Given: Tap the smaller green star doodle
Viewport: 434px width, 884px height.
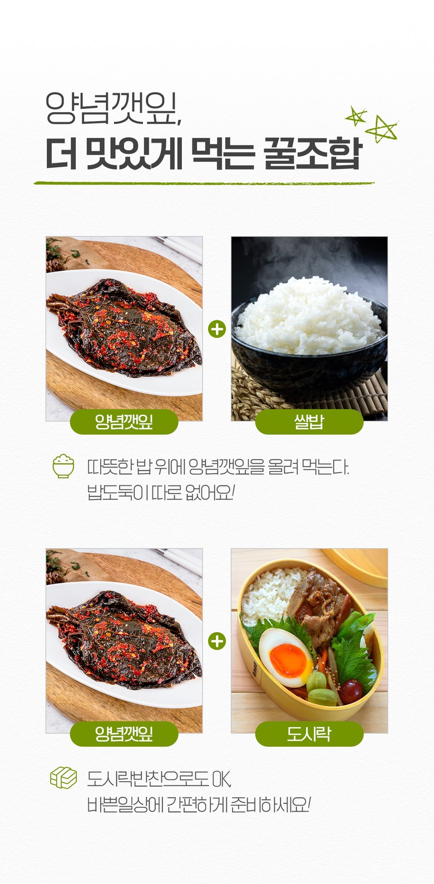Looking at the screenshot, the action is pos(356,116).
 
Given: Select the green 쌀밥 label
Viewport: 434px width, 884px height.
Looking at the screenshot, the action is pos(309,422).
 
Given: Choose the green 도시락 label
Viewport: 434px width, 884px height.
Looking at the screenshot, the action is pos(309,734).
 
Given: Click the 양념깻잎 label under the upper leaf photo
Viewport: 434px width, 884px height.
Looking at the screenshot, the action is pos(124,422).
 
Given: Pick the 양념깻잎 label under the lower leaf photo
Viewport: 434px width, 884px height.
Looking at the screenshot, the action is pos(124,734).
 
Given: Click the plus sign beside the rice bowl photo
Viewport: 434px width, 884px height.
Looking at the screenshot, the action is pos(217,329).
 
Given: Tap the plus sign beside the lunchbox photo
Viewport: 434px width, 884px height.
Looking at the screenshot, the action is pos(217,641).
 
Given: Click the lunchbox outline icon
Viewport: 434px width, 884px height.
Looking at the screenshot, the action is pos(63,778).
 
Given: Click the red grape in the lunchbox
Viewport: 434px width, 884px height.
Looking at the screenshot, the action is pos(351,691).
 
